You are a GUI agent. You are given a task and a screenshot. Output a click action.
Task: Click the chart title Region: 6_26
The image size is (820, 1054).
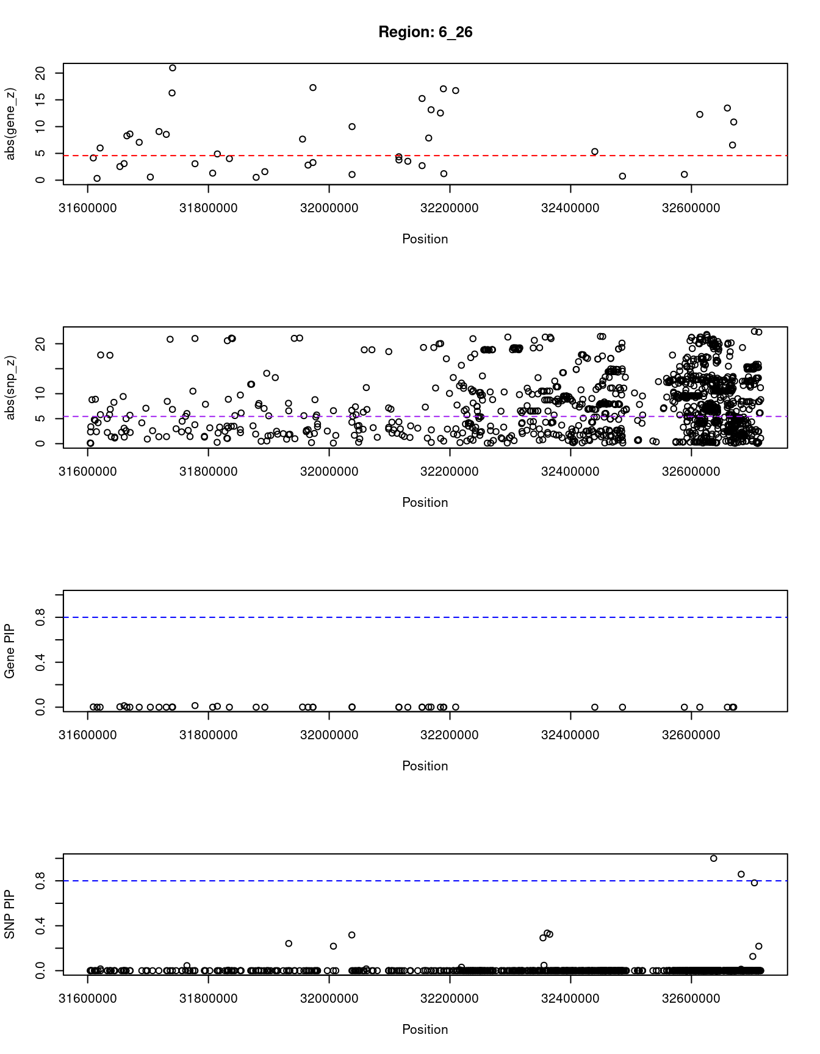[x=425, y=32]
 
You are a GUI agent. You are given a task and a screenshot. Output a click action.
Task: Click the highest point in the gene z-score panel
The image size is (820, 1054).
[x=173, y=68]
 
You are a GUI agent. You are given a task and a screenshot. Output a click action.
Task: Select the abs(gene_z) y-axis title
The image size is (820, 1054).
[x=10, y=124]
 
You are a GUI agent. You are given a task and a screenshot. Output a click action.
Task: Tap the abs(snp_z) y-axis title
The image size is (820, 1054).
[x=10, y=387]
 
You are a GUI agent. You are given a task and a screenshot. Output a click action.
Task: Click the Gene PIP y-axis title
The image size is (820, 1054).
[x=10, y=651]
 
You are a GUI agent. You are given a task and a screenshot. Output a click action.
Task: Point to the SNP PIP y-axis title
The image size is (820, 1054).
[x=10, y=914]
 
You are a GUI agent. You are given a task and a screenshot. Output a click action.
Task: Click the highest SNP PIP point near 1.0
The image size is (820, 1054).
[x=713, y=858]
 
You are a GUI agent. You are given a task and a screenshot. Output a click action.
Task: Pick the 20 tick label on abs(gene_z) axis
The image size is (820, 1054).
[x=41, y=73]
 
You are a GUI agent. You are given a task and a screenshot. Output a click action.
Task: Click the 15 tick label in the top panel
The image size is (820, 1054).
[x=41, y=100]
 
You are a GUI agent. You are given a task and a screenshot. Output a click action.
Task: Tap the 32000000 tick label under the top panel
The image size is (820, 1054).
[x=329, y=208]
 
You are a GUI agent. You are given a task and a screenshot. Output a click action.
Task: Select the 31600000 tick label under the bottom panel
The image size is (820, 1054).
[x=88, y=998]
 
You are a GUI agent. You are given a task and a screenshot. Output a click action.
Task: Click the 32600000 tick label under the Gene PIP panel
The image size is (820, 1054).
[x=691, y=735]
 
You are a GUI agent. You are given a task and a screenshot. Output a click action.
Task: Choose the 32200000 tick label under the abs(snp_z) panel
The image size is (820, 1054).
[x=450, y=471]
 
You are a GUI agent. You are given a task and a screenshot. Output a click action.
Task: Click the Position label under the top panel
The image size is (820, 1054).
[x=425, y=239]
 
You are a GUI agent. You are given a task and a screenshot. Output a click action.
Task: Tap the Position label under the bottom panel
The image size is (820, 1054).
[x=425, y=1030]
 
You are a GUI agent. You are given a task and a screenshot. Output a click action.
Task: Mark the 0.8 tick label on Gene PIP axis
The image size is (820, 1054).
[x=41, y=617]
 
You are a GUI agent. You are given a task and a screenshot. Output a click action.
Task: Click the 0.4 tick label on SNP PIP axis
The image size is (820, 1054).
[x=41, y=926]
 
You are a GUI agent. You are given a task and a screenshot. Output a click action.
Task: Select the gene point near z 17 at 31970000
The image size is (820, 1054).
[x=313, y=88]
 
